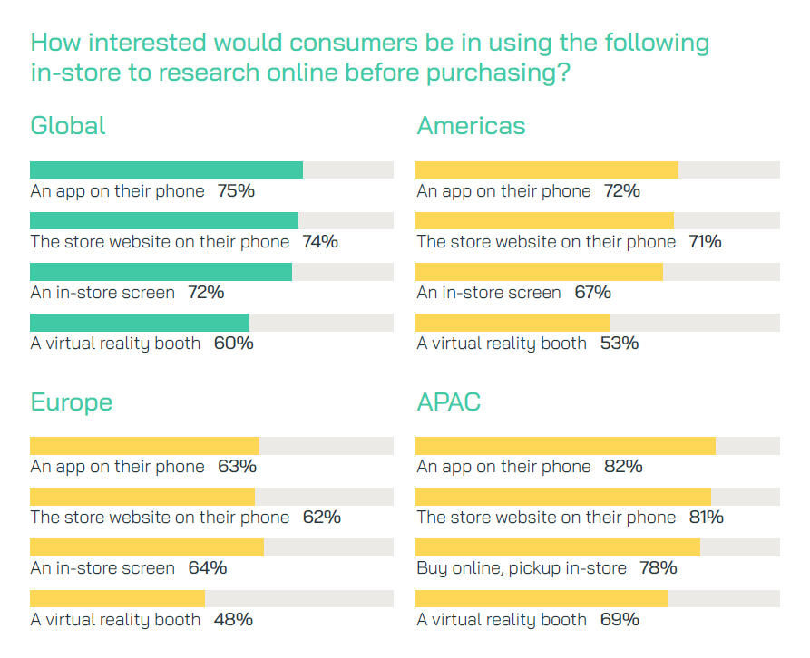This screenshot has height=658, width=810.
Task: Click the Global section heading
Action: click(x=68, y=125)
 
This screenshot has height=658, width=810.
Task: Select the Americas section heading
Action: click(x=471, y=125)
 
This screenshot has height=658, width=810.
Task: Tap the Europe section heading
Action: click(x=72, y=402)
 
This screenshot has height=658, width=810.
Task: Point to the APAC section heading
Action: click(x=448, y=402)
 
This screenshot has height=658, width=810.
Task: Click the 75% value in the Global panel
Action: click(x=236, y=191)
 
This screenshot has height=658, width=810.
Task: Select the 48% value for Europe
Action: click(x=233, y=620)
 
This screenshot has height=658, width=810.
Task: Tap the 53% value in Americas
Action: click(x=620, y=344)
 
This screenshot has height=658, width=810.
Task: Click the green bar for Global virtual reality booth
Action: click(x=140, y=323)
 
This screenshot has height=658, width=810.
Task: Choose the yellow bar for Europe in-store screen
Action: click(x=147, y=547)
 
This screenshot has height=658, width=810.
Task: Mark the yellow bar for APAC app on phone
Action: click(x=565, y=446)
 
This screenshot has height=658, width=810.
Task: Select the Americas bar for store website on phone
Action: click(x=544, y=221)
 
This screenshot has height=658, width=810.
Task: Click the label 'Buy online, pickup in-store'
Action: click(x=522, y=568)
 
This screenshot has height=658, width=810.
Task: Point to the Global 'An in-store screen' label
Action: click(x=102, y=293)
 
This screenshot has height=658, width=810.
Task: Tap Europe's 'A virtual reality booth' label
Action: click(x=115, y=620)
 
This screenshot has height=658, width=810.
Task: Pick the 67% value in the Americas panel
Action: click(x=592, y=293)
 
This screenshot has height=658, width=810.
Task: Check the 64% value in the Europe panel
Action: click(x=208, y=568)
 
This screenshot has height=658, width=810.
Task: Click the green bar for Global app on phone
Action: click(x=166, y=170)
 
